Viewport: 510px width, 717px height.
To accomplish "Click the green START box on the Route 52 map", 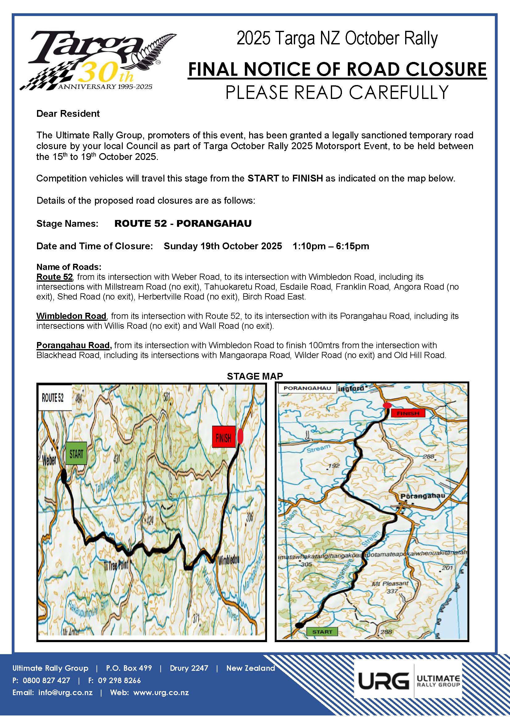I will [x=76, y=454].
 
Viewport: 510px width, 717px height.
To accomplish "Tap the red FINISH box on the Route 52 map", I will [x=223, y=436].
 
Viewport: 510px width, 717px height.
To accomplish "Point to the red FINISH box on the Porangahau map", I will [x=408, y=413].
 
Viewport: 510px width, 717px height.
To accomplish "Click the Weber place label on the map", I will [x=49, y=460].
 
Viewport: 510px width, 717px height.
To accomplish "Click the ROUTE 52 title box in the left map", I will [x=53, y=398].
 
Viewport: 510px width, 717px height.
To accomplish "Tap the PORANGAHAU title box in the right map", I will [x=307, y=388].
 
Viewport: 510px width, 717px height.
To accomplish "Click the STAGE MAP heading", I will [x=255, y=376].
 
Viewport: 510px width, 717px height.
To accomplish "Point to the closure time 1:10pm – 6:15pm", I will [x=331, y=246].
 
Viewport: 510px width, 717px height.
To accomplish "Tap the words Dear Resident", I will [x=68, y=114].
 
